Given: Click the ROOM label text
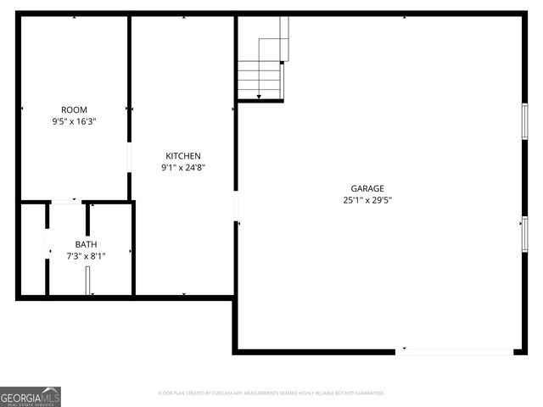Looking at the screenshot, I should [x=74, y=109].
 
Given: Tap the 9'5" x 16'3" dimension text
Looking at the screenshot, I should [x=74, y=121].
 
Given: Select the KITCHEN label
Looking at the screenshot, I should [x=182, y=155].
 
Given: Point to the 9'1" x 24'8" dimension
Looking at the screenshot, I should [x=182, y=167].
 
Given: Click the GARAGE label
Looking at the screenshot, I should [x=367, y=188].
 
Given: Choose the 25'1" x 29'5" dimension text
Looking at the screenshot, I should [x=367, y=200].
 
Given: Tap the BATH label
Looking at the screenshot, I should [x=86, y=244].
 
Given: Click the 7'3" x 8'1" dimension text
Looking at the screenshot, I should [x=86, y=255].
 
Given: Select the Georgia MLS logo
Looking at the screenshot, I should [x=31, y=396].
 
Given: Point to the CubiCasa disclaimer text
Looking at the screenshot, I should [x=271, y=393].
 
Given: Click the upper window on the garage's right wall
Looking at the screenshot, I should [x=524, y=121].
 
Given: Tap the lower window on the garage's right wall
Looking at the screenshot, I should [x=524, y=234].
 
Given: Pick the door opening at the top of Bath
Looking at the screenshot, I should [x=65, y=202].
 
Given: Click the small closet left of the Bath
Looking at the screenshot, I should [x=33, y=249].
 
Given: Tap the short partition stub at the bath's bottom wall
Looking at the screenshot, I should [x=88, y=280].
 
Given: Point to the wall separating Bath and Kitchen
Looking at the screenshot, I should [x=132, y=249].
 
